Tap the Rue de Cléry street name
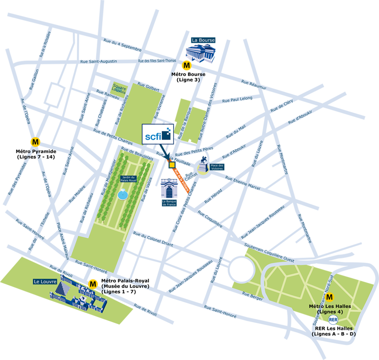281,106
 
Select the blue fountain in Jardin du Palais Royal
123,194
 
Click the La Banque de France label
168,203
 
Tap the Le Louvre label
45,282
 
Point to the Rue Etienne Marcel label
243,183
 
